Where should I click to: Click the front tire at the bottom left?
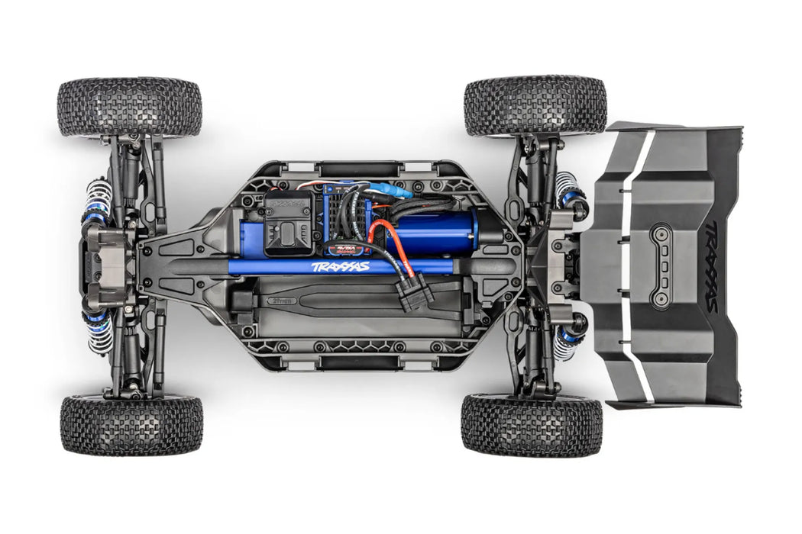click(131, 425)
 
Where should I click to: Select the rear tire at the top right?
click(535, 105)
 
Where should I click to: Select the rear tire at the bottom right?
click(532, 425)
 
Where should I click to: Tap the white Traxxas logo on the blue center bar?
click(340, 267)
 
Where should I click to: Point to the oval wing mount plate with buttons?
click(661, 265)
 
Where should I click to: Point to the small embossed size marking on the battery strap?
click(280, 301)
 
